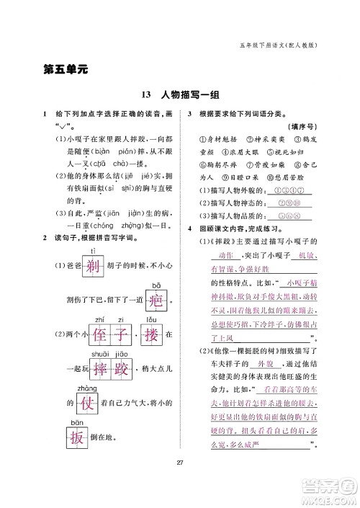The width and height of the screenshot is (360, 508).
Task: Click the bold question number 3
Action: coord(189,115)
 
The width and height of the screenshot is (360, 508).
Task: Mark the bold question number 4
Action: coord(189,228)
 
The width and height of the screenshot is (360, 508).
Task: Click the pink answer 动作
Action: coord(217,256)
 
